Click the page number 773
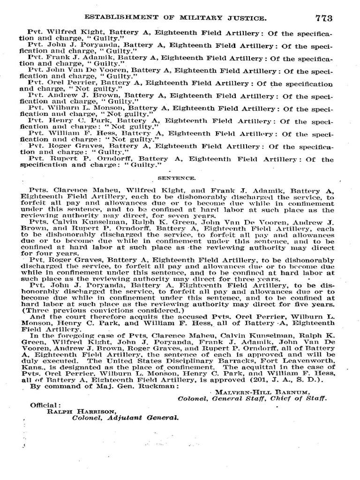(324, 18)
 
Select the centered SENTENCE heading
(170, 179)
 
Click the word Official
(45, 405)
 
